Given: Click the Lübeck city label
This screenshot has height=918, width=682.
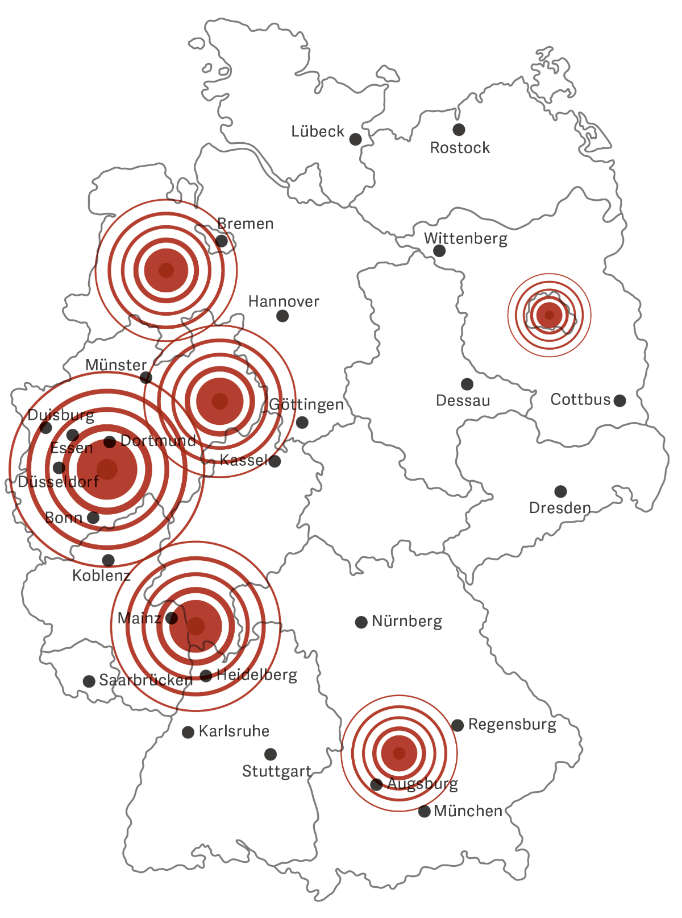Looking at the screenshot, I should (318, 131).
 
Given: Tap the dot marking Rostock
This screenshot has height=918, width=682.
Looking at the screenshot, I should (459, 130).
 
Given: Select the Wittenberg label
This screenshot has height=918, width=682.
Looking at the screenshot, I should (465, 238).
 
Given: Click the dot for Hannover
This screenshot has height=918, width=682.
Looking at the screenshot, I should (282, 316).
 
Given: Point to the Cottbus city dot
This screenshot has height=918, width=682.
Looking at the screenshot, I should (620, 400).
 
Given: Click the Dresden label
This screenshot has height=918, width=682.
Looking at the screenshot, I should (560, 507).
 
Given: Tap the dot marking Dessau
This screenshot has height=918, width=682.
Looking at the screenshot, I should (467, 384).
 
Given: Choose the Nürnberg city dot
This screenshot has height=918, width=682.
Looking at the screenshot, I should (361, 622).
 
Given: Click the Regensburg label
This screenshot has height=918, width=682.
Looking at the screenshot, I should (512, 725).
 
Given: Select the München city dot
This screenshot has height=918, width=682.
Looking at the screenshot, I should (424, 812).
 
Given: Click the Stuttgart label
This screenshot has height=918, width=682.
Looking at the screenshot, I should (277, 771).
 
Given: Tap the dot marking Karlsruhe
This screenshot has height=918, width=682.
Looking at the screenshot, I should (188, 732).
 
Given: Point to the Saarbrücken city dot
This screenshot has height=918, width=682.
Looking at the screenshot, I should (89, 681).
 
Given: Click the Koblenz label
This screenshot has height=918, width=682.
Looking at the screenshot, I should (101, 576).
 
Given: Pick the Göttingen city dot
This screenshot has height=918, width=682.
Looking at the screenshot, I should (302, 422).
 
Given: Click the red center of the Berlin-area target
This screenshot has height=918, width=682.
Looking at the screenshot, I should (549, 315).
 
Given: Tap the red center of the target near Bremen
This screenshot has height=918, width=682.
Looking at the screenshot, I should (166, 270).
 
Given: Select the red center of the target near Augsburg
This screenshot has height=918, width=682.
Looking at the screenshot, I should (399, 753).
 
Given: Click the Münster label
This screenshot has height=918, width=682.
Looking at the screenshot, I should (116, 365).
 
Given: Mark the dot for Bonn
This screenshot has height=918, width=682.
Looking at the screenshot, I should (93, 518).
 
